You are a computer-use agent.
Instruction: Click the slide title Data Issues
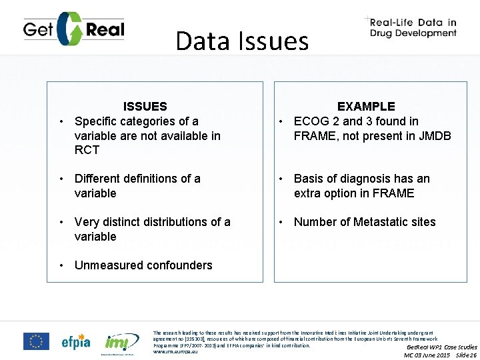tap(242, 41)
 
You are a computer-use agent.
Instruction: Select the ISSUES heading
tap(145, 107)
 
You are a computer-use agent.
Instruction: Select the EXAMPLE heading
tap(366, 107)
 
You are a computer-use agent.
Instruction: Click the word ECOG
tap(310, 121)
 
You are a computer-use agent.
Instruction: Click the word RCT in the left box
tap(87, 150)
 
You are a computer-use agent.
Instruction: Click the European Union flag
tap(36, 341)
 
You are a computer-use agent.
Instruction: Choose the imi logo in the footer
tap(119, 342)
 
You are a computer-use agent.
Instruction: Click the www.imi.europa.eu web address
tap(176, 351)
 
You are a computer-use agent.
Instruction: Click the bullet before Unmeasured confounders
tap(61, 265)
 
